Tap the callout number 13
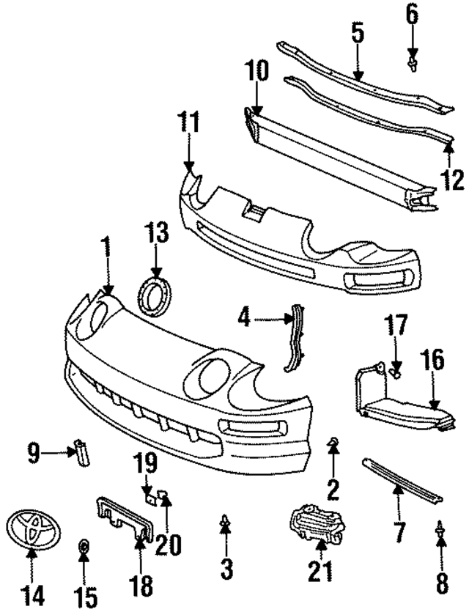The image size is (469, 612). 157,235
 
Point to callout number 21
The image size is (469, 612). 320,569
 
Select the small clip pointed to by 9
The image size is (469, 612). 80,451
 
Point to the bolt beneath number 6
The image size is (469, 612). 413,64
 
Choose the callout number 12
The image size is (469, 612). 453,179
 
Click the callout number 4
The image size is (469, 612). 244,317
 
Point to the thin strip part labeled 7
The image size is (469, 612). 402,480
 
